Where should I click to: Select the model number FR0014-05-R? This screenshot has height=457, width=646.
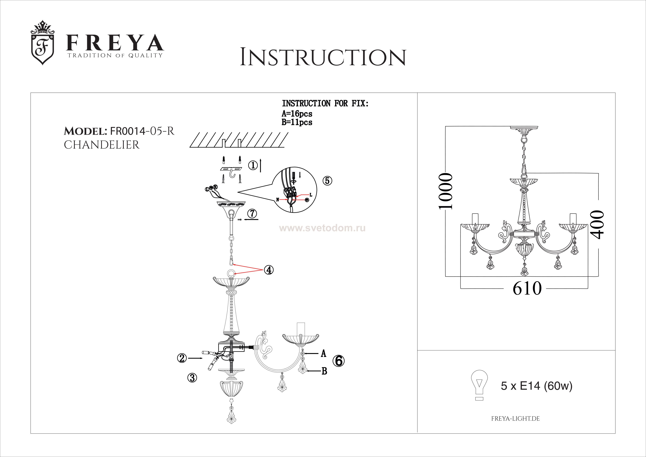[142, 131]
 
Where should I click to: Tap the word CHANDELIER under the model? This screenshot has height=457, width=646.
[102, 145]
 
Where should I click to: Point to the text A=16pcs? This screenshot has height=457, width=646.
[297, 114]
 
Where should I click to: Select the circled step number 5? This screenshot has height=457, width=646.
[327, 180]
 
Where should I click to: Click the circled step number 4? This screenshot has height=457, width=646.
[269, 270]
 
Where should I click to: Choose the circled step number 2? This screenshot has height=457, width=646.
[182, 358]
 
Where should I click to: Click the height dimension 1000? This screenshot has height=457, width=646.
[446, 191]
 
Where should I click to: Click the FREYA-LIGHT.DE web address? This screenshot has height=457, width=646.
[515, 419]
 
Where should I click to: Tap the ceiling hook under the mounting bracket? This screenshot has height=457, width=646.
[232, 175]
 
